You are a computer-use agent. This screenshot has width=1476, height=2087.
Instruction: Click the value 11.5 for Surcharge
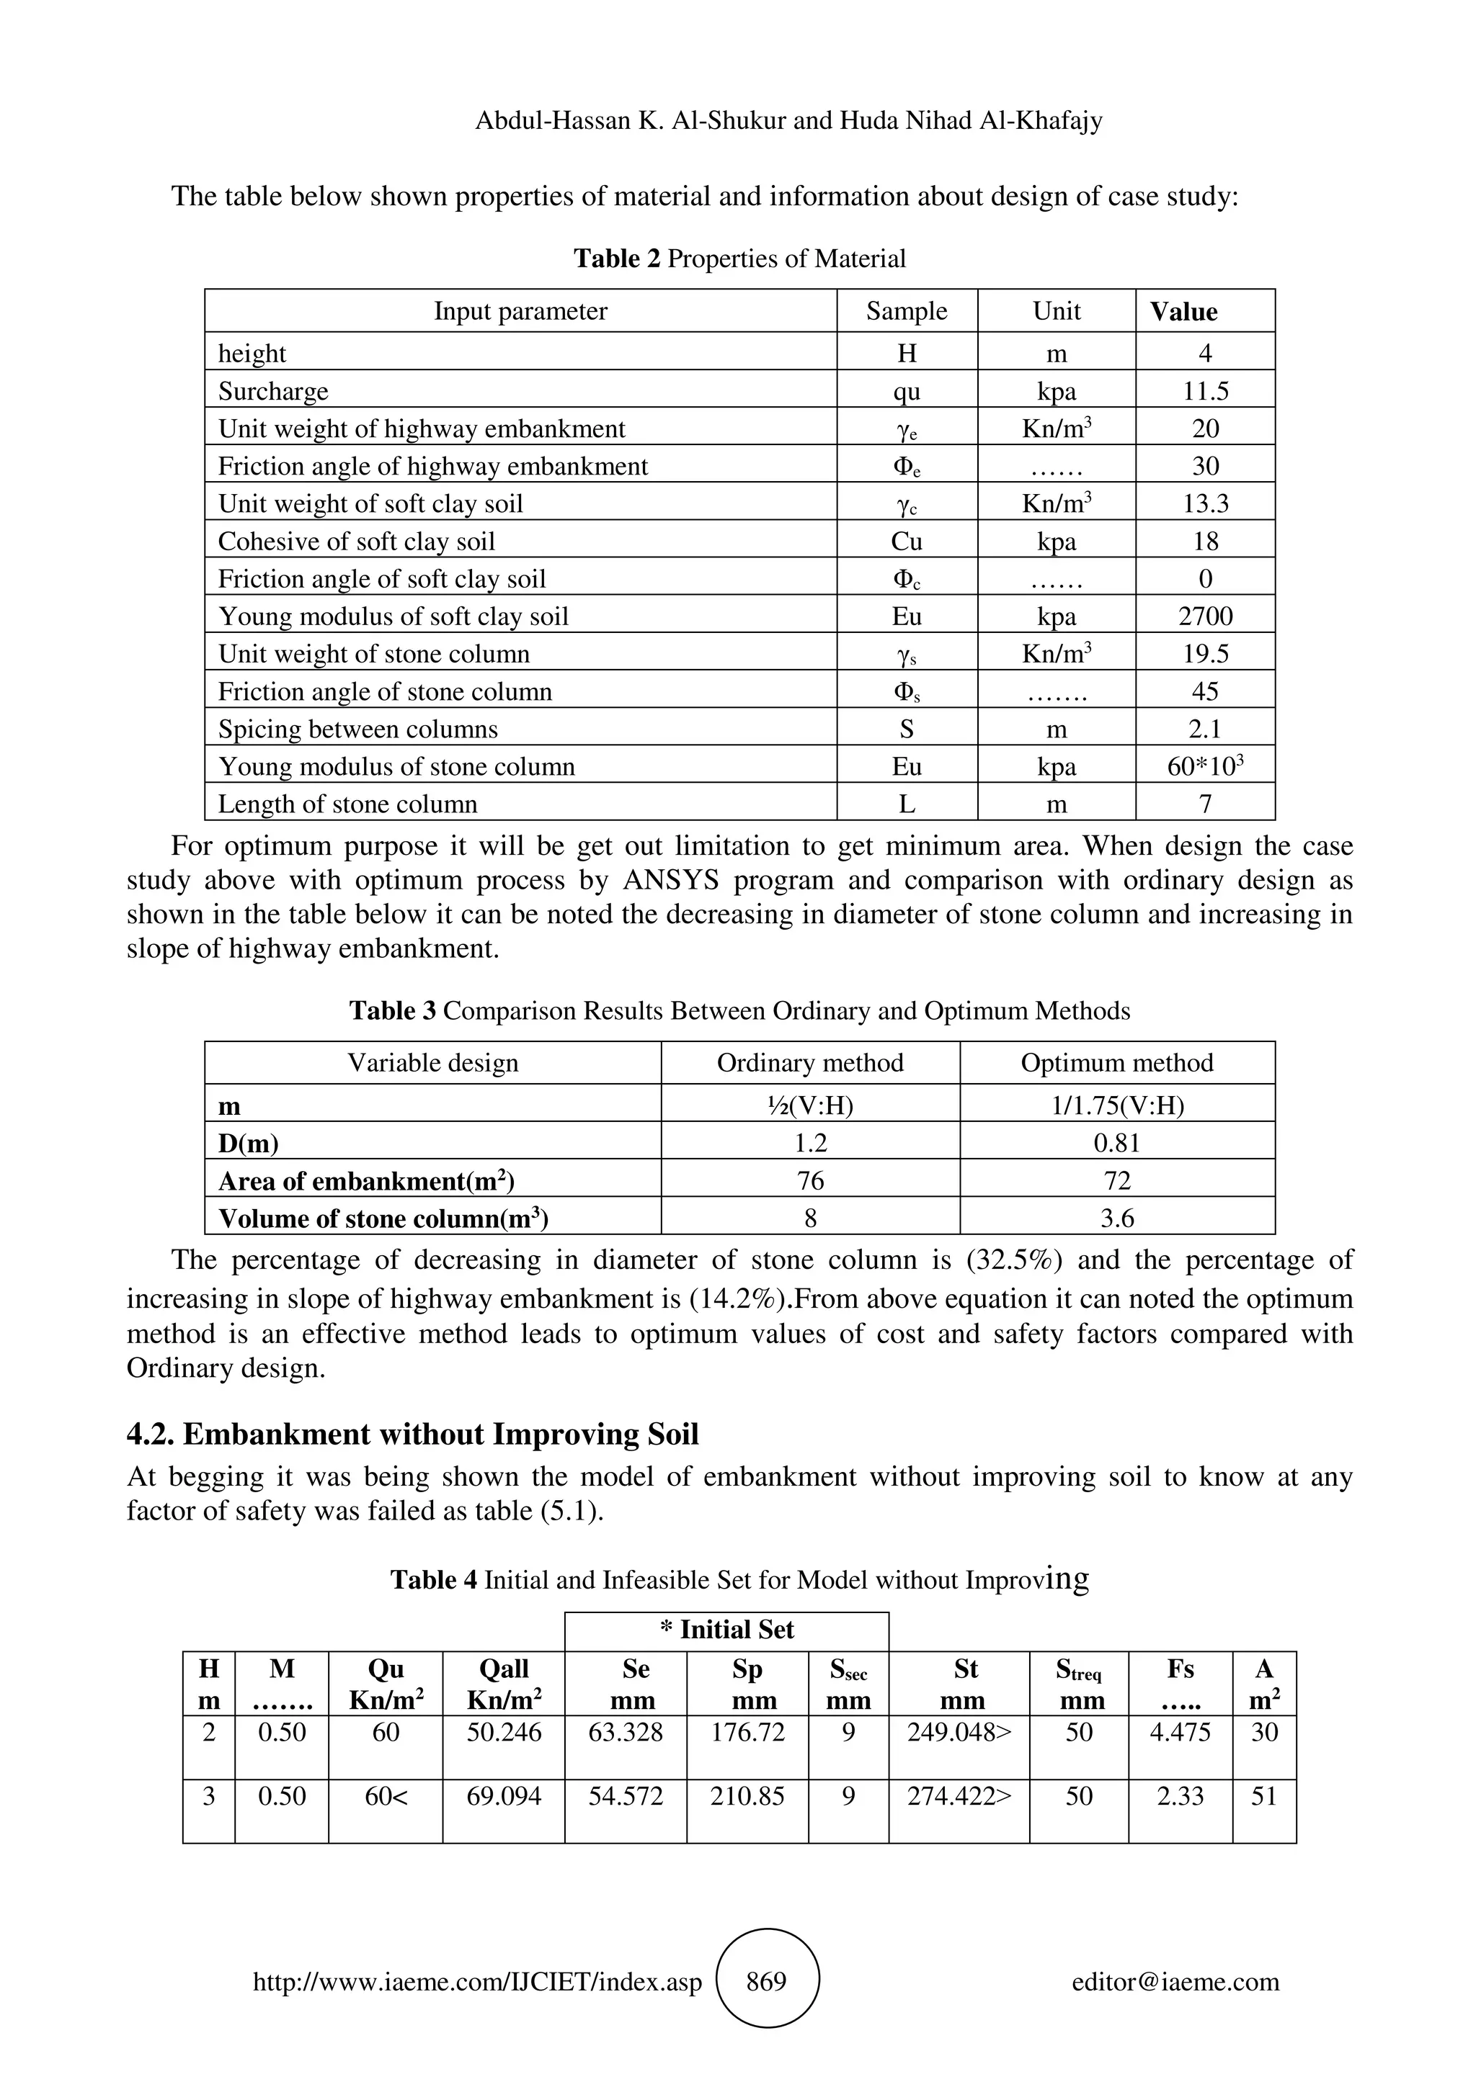point(1205,391)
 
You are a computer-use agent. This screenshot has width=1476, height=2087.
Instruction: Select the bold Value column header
point(1183,311)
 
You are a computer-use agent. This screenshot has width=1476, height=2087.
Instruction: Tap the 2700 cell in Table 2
point(1205,616)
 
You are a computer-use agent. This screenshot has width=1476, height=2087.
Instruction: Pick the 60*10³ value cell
point(1205,766)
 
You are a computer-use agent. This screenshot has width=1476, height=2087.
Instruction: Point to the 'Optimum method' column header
point(1117,1063)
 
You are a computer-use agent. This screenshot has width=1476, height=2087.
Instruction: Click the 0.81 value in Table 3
point(1117,1143)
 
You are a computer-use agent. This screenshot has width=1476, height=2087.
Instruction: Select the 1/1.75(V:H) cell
point(1117,1105)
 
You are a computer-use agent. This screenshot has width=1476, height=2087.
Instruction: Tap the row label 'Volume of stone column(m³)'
point(383,1218)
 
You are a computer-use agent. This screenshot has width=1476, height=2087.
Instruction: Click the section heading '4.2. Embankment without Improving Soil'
point(412,1433)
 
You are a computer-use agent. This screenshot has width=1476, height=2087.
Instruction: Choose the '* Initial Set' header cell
point(726,1630)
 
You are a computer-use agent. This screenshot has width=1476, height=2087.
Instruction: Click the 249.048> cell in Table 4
point(959,1731)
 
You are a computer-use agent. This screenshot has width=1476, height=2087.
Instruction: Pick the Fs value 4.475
point(1180,1731)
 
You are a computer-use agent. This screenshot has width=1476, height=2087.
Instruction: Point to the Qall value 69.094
point(504,1796)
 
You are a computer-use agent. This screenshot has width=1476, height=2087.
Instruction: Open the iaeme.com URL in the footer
point(477,1983)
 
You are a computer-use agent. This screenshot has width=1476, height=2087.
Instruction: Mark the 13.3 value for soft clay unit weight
point(1205,503)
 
